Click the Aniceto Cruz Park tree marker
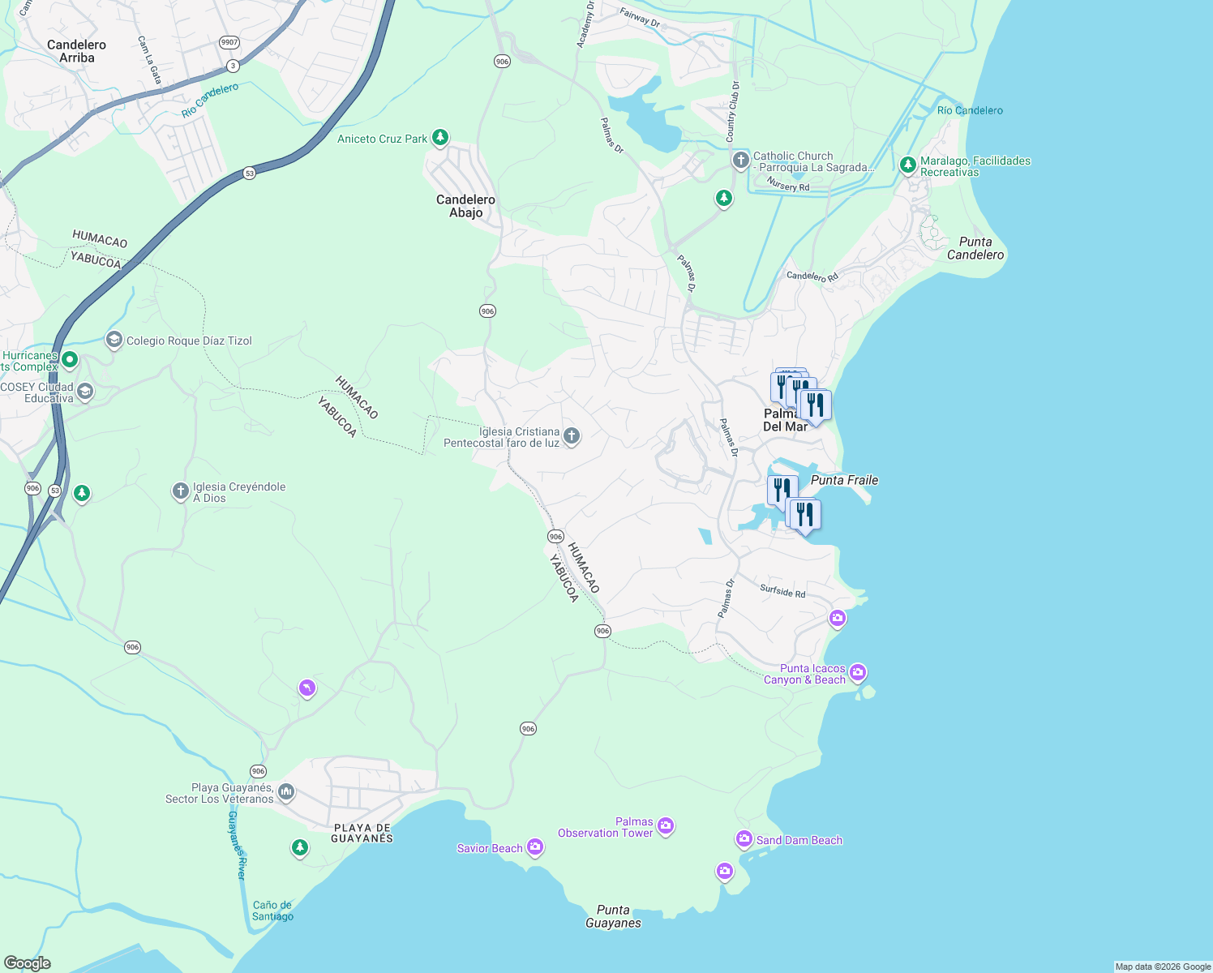(x=440, y=138)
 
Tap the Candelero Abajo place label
(x=465, y=206)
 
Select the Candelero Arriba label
(x=76, y=51)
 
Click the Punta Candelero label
(x=975, y=248)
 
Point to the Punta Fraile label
(x=844, y=480)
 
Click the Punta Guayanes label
(x=613, y=916)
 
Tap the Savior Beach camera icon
(x=534, y=847)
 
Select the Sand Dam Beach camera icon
(x=744, y=839)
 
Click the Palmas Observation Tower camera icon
(x=666, y=826)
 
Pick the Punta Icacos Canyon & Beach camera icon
(x=858, y=673)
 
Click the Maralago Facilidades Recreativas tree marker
(x=907, y=165)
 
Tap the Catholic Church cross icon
(x=740, y=160)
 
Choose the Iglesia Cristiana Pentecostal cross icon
(x=572, y=436)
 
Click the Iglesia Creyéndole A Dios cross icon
(x=181, y=491)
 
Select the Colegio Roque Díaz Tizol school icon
(x=114, y=340)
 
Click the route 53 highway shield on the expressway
(x=249, y=173)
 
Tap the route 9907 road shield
(x=229, y=42)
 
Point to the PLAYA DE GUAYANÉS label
(x=362, y=834)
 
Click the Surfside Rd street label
(x=782, y=591)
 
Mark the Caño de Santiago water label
(x=272, y=911)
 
